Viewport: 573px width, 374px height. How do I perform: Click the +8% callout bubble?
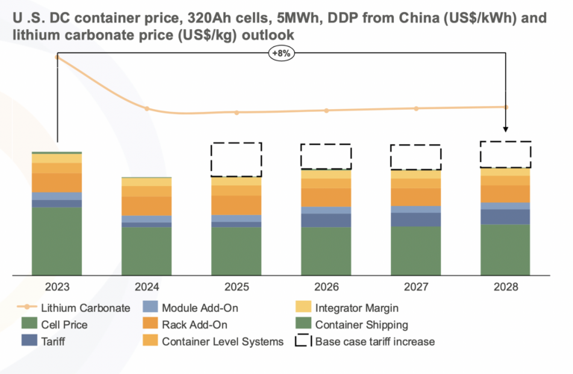click(x=282, y=54)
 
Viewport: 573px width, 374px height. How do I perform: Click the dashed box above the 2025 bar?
click(x=237, y=159)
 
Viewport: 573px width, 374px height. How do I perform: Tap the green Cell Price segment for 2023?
click(x=57, y=240)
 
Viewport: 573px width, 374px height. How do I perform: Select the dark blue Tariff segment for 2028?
click(x=505, y=216)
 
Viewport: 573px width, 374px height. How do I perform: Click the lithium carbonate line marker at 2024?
click(x=147, y=109)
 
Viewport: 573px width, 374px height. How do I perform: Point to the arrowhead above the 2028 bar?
click(x=506, y=128)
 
